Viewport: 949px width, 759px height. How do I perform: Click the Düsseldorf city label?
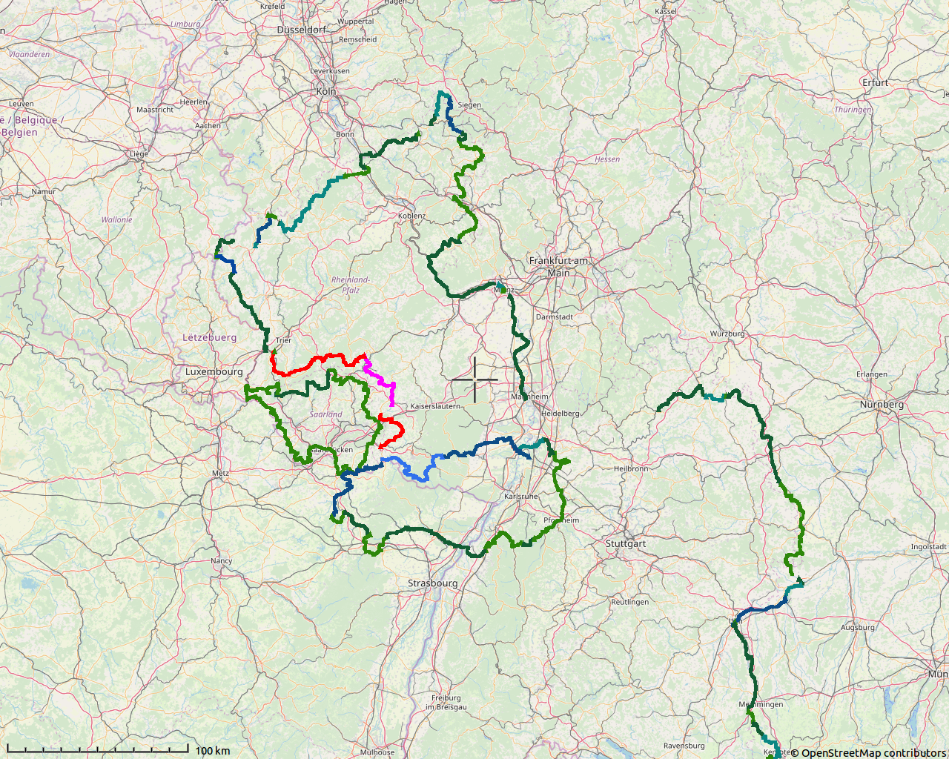(301, 30)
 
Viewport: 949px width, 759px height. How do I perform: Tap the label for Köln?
(325, 91)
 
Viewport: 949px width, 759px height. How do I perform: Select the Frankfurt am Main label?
(558, 267)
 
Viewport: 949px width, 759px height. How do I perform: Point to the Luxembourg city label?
(214, 371)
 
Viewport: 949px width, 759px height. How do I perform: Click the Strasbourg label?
(432, 583)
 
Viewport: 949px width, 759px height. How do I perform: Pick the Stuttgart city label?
(626, 543)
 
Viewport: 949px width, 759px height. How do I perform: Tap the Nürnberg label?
(882, 405)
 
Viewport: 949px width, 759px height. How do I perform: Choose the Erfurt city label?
(875, 82)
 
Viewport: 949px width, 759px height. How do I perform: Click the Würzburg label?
(727, 334)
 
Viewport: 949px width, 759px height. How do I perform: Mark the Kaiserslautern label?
(435, 406)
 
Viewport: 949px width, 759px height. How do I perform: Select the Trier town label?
(283, 340)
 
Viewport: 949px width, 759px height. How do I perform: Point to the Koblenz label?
(412, 216)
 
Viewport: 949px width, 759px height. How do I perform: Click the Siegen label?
(469, 105)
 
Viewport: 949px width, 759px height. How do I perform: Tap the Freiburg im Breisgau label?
(446, 702)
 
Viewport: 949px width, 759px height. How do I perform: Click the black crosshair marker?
(474, 379)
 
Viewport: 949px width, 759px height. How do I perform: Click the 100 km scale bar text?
(213, 751)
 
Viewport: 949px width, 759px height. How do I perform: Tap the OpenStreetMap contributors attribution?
(868, 753)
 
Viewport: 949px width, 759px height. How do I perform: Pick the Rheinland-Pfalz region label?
(350, 285)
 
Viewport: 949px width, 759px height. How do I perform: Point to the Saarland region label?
(325, 414)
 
